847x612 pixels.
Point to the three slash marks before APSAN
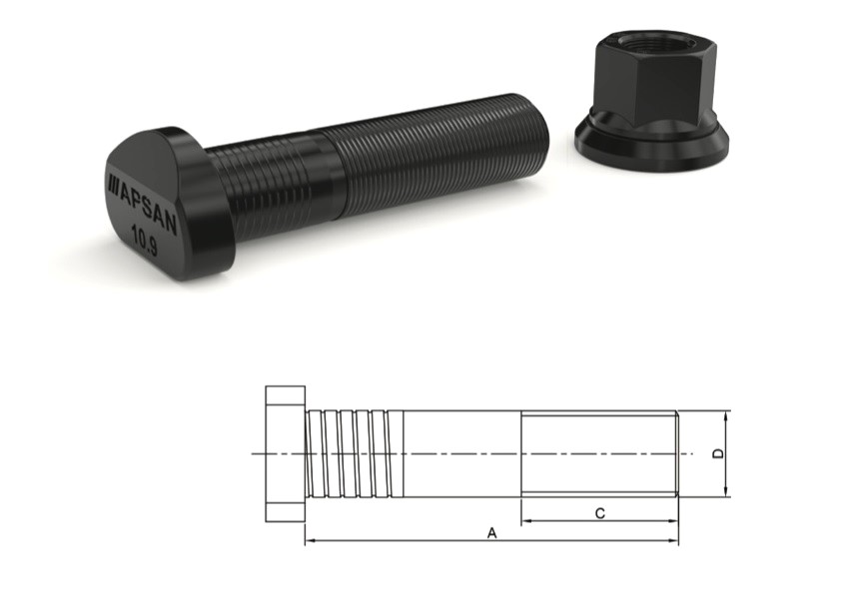click(x=113, y=183)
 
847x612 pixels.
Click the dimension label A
click(x=491, y=534)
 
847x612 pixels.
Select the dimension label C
click(x=599, y=513)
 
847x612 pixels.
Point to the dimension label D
click(x=717, y=453)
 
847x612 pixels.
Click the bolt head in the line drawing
click(x=285, y=453)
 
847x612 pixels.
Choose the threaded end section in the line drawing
click(x=599, y=453)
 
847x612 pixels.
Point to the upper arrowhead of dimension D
click(x=726, y=415)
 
